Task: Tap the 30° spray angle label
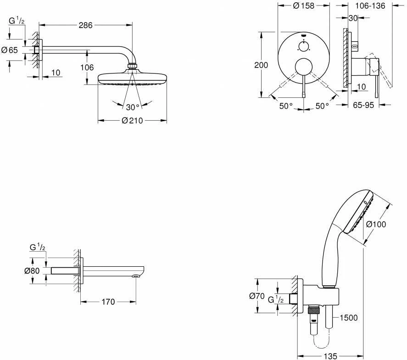[x=133, y=107]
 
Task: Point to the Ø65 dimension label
[x=9, y=51]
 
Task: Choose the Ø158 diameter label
[x=303, y=6]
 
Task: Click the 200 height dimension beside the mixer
[x=261, y=65]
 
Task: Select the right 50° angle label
[x=322, y=106]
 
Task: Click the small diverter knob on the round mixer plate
[x=304, y=45]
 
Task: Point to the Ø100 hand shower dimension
[x=376, y=225]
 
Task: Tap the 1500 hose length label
[x=348, y=318]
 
